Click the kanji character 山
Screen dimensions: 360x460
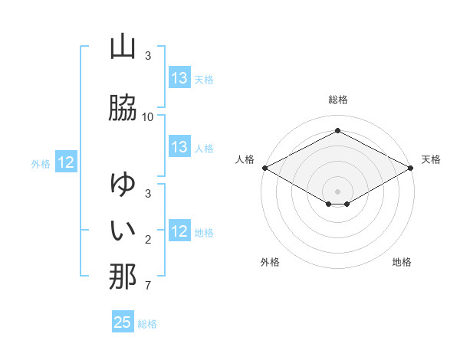[123, 47]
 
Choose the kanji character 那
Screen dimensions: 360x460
[123, 277]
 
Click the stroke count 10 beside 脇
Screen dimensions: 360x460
[148, 116]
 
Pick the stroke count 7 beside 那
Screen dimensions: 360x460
[148, 286]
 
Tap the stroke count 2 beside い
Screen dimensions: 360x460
[148, 240]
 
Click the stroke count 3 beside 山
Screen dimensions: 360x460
[148, 56]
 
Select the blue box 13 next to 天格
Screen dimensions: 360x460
[179, 78]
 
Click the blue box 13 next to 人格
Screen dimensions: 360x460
[179, 147]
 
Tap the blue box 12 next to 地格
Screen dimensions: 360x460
[179, 231]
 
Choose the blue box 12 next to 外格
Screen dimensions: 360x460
[66, 162]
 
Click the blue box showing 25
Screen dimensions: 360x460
[123, 322]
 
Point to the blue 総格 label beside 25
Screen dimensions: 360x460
[147, 324]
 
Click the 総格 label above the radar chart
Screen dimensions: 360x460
[338, 100]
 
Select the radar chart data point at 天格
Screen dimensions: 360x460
[412, 168]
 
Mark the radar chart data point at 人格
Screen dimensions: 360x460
[264, 168]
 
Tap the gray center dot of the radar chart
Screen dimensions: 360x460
[338, 191]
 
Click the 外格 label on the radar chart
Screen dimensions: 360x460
[270, 262]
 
